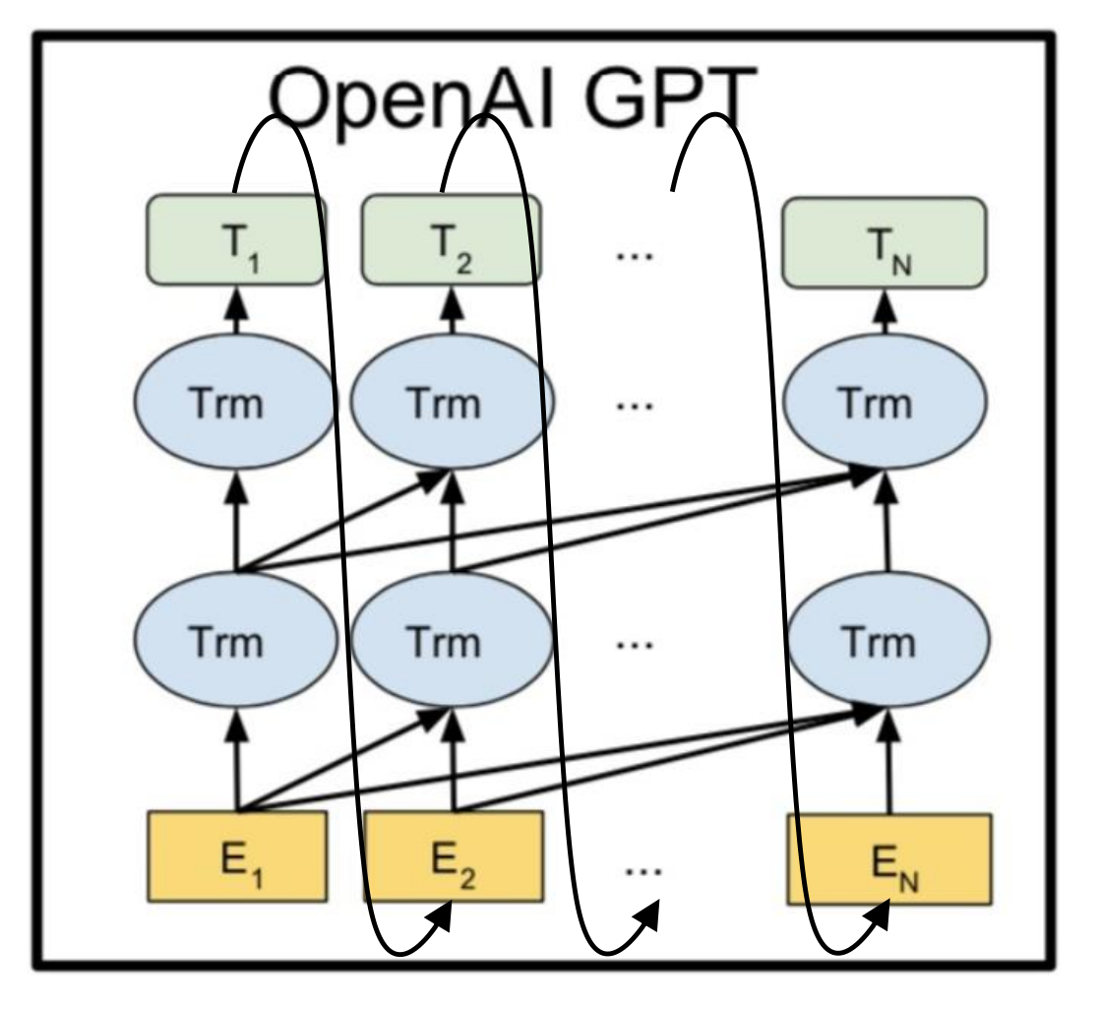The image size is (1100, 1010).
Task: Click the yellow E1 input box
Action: click(x=236, y=855)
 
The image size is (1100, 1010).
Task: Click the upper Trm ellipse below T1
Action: click(x=236, y=405)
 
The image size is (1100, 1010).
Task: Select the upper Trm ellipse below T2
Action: click(x=453, y=405)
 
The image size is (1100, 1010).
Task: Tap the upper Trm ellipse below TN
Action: click(x=886, y=405)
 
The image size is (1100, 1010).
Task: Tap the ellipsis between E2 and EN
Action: click(x=644, y=870)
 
